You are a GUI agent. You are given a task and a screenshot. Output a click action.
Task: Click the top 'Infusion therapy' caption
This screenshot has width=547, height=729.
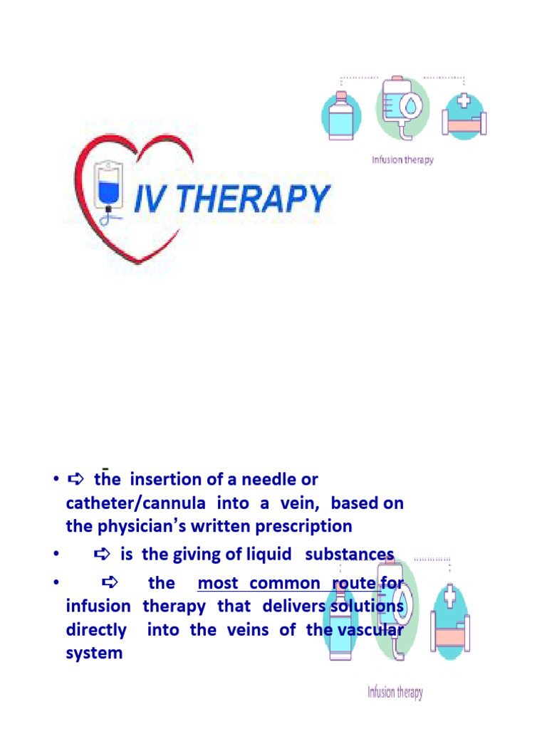tap(402, 160)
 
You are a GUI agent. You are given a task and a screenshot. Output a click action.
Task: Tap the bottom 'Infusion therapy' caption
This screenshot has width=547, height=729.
tap(395, 692)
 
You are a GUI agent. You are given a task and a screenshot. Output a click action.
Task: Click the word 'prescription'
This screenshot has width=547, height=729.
tap(309, 527)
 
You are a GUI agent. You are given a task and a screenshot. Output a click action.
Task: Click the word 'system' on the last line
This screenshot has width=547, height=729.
tap(93, 653)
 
